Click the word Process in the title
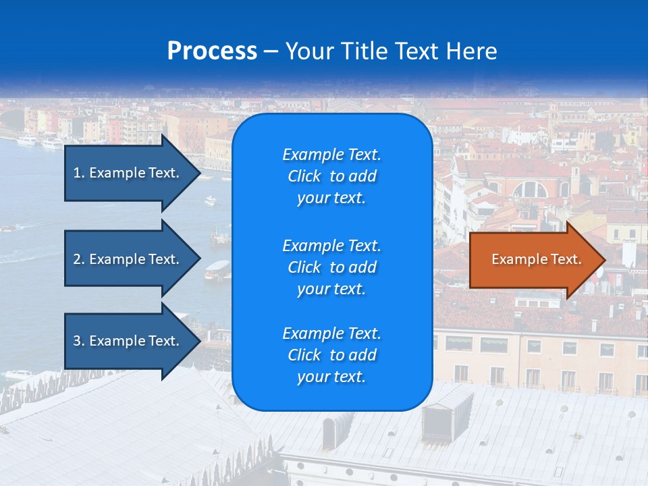point(212,51)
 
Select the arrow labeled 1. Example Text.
point(128,173)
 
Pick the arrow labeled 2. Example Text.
point(128,259)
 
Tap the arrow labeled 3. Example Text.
point(128,341)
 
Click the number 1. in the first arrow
point(79,173)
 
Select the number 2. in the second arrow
point(79,259)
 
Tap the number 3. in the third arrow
point(79,341)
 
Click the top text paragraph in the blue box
point(331,176)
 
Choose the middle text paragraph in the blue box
point(331,267)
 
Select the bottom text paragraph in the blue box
point(331,355)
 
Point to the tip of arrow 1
point(200,173)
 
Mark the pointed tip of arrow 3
point(200,341)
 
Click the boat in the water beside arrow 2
point(217,270)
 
